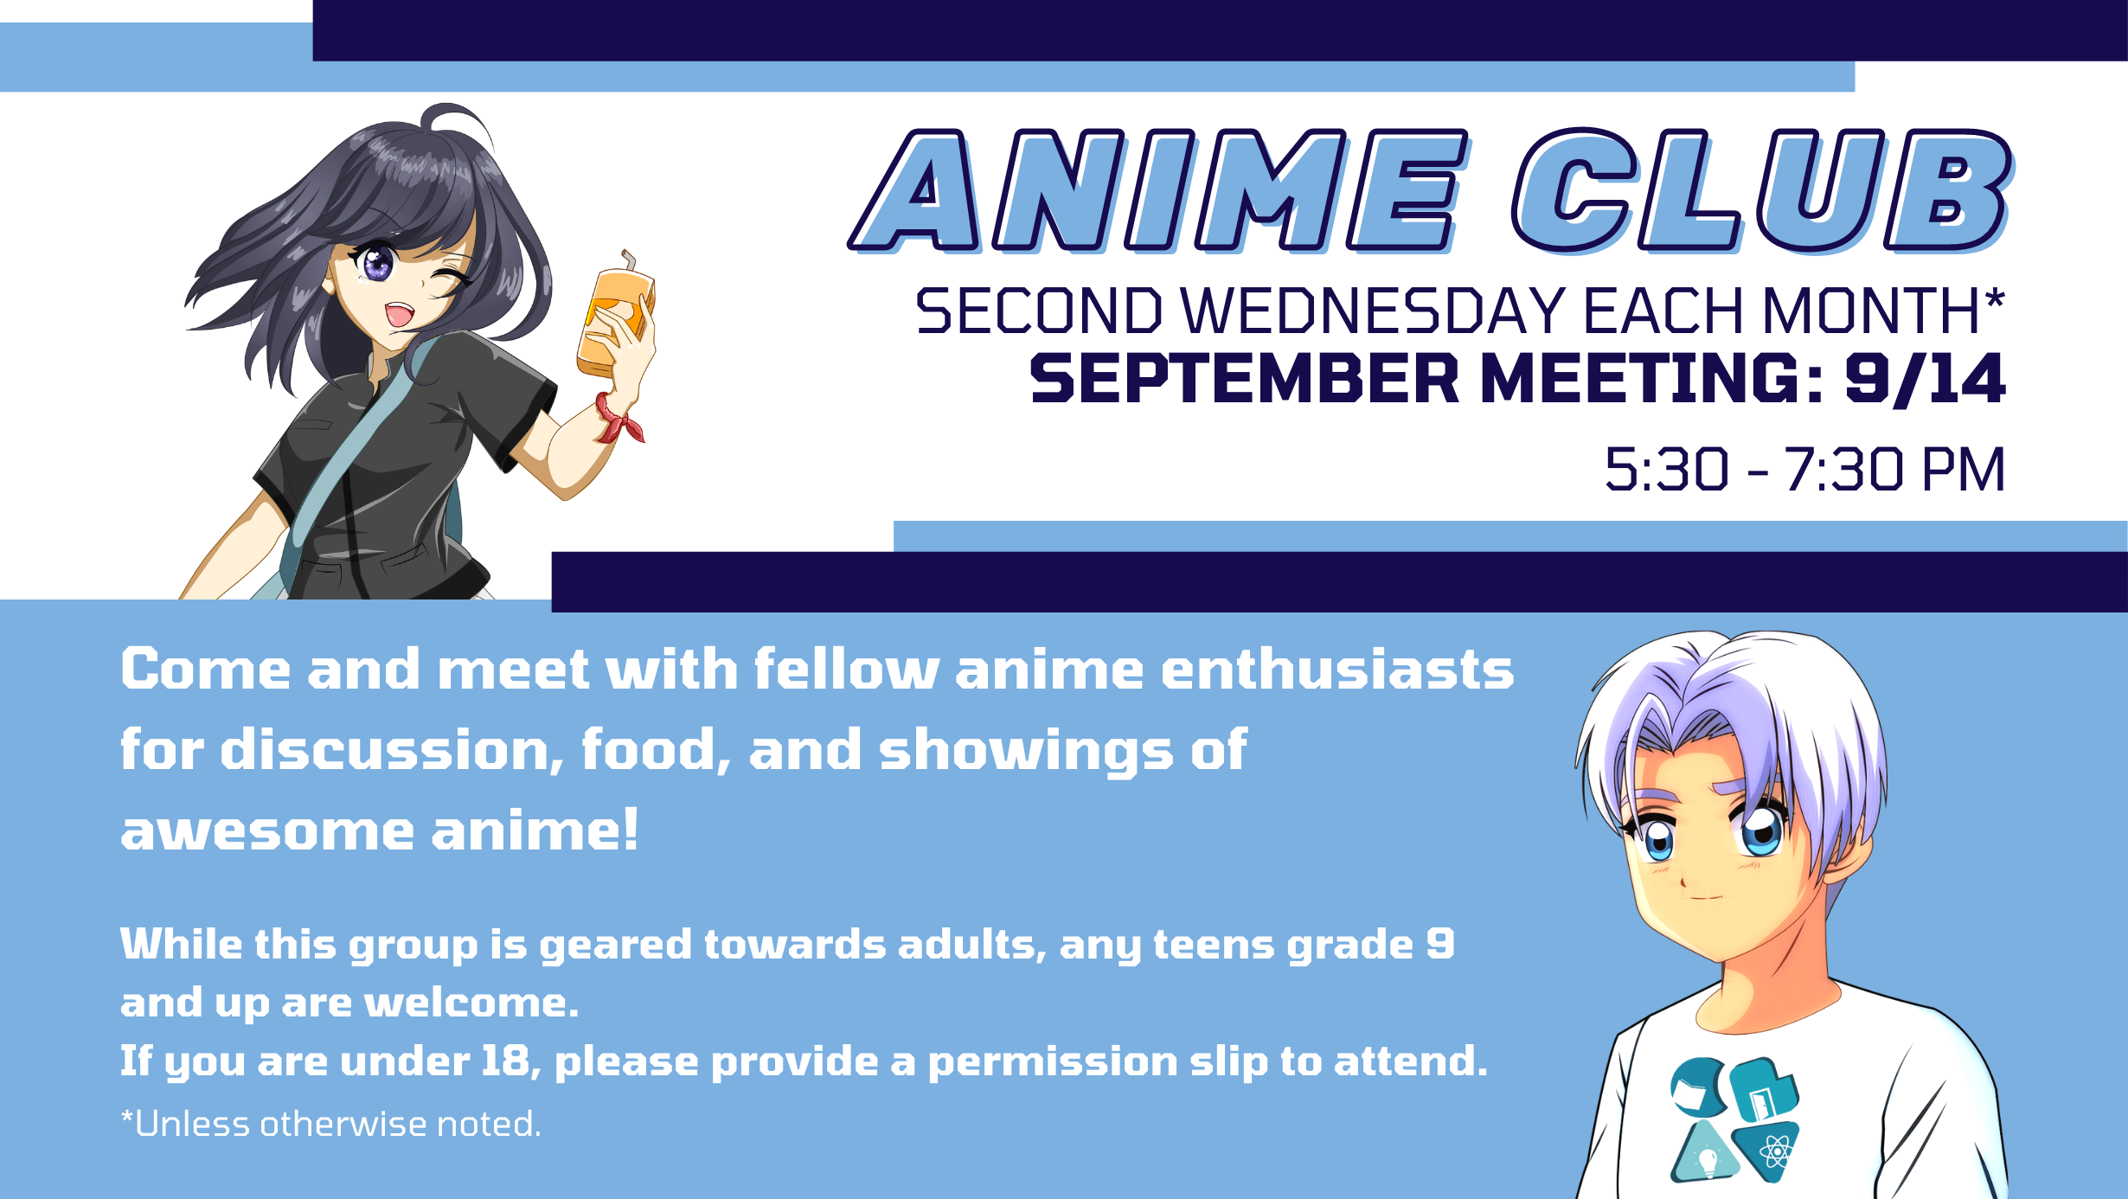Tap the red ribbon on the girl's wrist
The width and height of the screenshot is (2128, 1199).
pyautogui.click(x=618, y=419)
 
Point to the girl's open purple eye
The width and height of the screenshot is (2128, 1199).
pyautogui.click(x=377, y=262)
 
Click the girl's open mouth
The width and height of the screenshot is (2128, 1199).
pyautogui.click(x=400, y=313)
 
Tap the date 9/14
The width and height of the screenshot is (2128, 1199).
pyautogui.click(x=1926, y=380)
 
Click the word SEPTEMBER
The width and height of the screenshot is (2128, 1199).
pyautogui.click(x=1245, y=379)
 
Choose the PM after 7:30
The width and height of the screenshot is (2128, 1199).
pyautogui.click(x=1963, y=470)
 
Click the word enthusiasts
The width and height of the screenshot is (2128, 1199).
pyautogui.click(x=1337, y=670)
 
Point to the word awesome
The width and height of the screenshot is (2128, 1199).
pyautogui.click(x=268, y=831)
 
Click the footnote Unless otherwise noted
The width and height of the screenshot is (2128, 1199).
pyautogui.click(x=331, y=1124)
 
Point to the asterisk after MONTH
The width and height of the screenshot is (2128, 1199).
pyautogui.click(x=1995, y=298)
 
